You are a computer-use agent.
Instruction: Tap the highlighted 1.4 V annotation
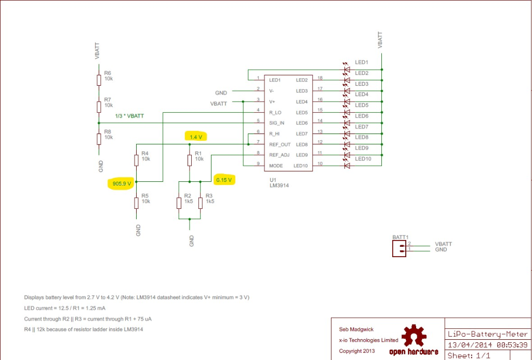point(195,137)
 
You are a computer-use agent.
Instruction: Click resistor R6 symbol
point(99,79)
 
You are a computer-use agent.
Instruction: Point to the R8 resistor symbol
point(99,139)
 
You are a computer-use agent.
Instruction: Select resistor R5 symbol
point(136,201)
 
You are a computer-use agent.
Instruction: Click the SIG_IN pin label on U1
point(277,123)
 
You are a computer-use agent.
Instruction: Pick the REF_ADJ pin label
point(280,155)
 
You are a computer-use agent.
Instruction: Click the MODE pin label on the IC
point(276,166)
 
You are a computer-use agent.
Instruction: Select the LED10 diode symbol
point(347,166)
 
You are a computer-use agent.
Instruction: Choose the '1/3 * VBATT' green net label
point(129,116)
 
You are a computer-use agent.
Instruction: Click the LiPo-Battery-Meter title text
point(487,335)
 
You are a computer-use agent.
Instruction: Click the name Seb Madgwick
point(353,329)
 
